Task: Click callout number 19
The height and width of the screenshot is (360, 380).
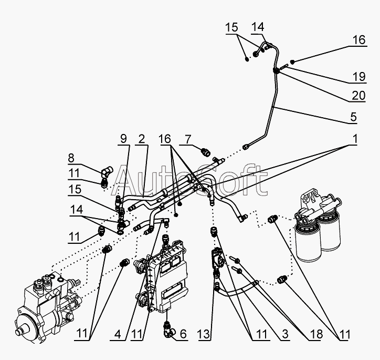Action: [358, 77]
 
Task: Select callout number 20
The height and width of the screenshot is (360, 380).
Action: [358, 96]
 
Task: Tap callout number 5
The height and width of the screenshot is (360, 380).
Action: [354, 117]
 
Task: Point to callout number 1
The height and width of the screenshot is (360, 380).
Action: [354, 139]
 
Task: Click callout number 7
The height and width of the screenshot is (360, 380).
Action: [188, 139]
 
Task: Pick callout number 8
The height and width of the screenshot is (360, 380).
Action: [71, 158]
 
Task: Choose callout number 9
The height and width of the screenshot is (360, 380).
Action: [123, 139]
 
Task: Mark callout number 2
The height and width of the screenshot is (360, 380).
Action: [142, 139]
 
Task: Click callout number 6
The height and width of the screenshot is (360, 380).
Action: [183, 334]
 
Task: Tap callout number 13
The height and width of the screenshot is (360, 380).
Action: [204, 335]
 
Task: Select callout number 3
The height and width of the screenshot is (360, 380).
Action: [285, 334]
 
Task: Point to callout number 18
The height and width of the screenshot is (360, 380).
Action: [316, 334]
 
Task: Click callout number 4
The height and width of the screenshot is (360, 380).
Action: [118, 335]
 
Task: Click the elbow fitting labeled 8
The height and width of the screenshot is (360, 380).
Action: [107, 170]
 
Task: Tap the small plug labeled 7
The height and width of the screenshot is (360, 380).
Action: [206, 152]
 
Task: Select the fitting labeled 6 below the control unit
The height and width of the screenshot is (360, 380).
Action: [168, 330]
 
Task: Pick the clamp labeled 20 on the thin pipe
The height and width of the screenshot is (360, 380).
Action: [276, 70]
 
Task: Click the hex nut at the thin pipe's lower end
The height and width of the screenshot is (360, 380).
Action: [246, 147]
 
